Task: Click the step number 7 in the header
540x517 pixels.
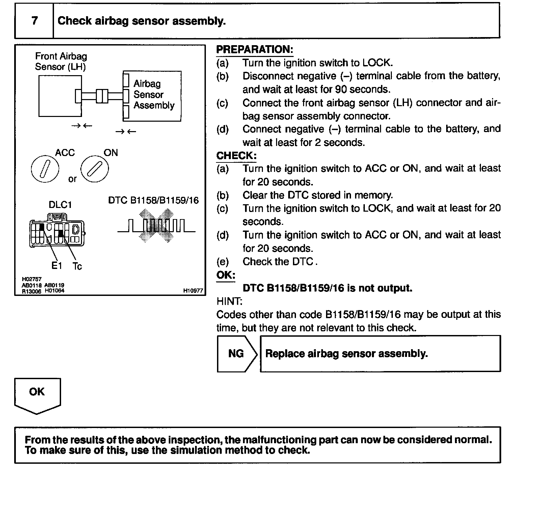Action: pyautogui.click(x=34, y=21)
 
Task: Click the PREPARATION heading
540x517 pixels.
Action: pyautogui.click(x=254, y=50)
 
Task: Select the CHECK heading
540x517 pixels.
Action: pyautogui.click(x=236, y=156)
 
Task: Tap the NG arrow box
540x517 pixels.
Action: pyautogui.click(x=236, y=354)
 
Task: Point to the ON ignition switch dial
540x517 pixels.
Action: pyautogui.click(x=94, y=169)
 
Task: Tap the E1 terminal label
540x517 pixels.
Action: pyautogui.click(x=57, y=266)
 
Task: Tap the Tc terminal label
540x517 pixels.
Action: pyautogui.click(x=77, y=267)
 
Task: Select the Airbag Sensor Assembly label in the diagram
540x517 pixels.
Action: pyautogui.click(x=154, y=95)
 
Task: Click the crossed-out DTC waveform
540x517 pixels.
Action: pyautogui.click(x=156, y=225)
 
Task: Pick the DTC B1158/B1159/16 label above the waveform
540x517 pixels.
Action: pyautogui.click(x=153, y=201)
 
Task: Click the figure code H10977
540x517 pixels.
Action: pyautogui.click(x=193, y=291)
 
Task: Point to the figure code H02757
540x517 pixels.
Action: pyautogui.click(x=32, y=279)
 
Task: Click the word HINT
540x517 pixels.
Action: pyautogui.click(x=229, y=301)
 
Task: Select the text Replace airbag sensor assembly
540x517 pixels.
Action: pyautogui.click(x=347, y=354)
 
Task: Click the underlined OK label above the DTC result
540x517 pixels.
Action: pyautogui.click(x=225, y=275)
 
